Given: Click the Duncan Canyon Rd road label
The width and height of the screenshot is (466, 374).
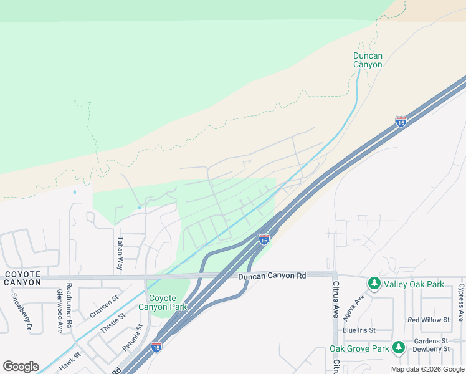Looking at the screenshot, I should click(272, 276).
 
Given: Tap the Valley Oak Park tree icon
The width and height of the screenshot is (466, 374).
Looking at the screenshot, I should click(374, 284).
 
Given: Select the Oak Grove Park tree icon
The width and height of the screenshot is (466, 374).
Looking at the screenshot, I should click(399, 348).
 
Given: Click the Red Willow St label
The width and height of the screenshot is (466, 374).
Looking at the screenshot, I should click(428, 320).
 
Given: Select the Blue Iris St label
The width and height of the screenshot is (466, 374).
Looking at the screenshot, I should click(359, 330).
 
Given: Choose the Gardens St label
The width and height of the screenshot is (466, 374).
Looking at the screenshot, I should click(432, 341).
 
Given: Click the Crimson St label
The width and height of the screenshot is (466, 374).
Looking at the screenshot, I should click(104, 307).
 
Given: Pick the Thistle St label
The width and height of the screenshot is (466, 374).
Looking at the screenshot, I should click(113, 324).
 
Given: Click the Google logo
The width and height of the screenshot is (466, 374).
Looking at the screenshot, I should click(21, 367).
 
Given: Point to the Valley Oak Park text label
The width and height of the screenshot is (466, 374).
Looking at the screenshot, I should click(414, 284).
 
